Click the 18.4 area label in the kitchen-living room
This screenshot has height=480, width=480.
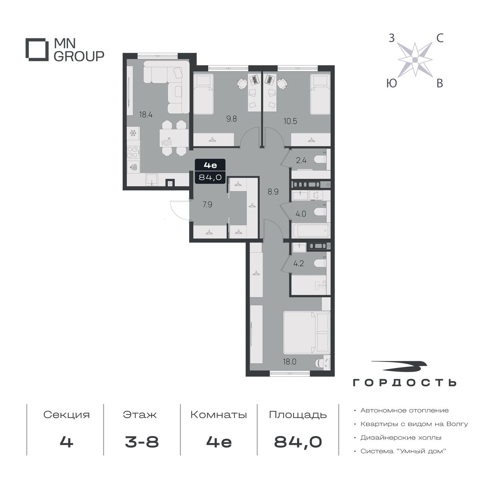pos(146,115)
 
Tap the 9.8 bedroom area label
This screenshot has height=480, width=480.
pos(232,119)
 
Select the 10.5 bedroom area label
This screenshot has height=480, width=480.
pos(290,121)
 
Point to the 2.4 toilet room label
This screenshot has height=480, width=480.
pos(301,160)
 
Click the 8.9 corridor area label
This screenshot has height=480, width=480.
pos(273,192)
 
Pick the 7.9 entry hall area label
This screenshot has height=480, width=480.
pos(207,205)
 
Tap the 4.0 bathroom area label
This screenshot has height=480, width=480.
pos(301,214)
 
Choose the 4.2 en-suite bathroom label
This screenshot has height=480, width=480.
pos(298,264)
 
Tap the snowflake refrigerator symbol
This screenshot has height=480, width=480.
pos(133,134)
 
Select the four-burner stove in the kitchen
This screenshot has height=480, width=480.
pos(133,152)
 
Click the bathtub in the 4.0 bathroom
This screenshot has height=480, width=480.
pos(311,231)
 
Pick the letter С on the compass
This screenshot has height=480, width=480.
pos(440,38)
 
